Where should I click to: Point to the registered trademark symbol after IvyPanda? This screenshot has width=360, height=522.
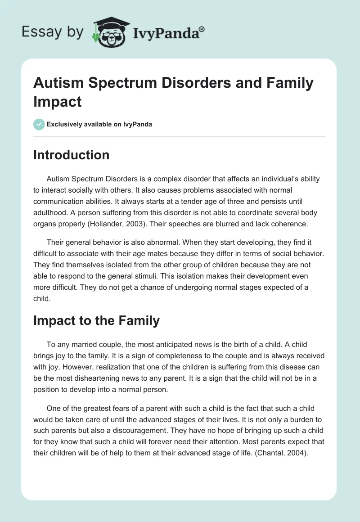[202, 29]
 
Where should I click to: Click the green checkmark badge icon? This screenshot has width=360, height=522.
[39, 124]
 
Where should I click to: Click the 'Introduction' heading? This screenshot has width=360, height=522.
[71, 155]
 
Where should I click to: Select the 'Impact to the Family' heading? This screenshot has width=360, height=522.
[96, 320]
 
